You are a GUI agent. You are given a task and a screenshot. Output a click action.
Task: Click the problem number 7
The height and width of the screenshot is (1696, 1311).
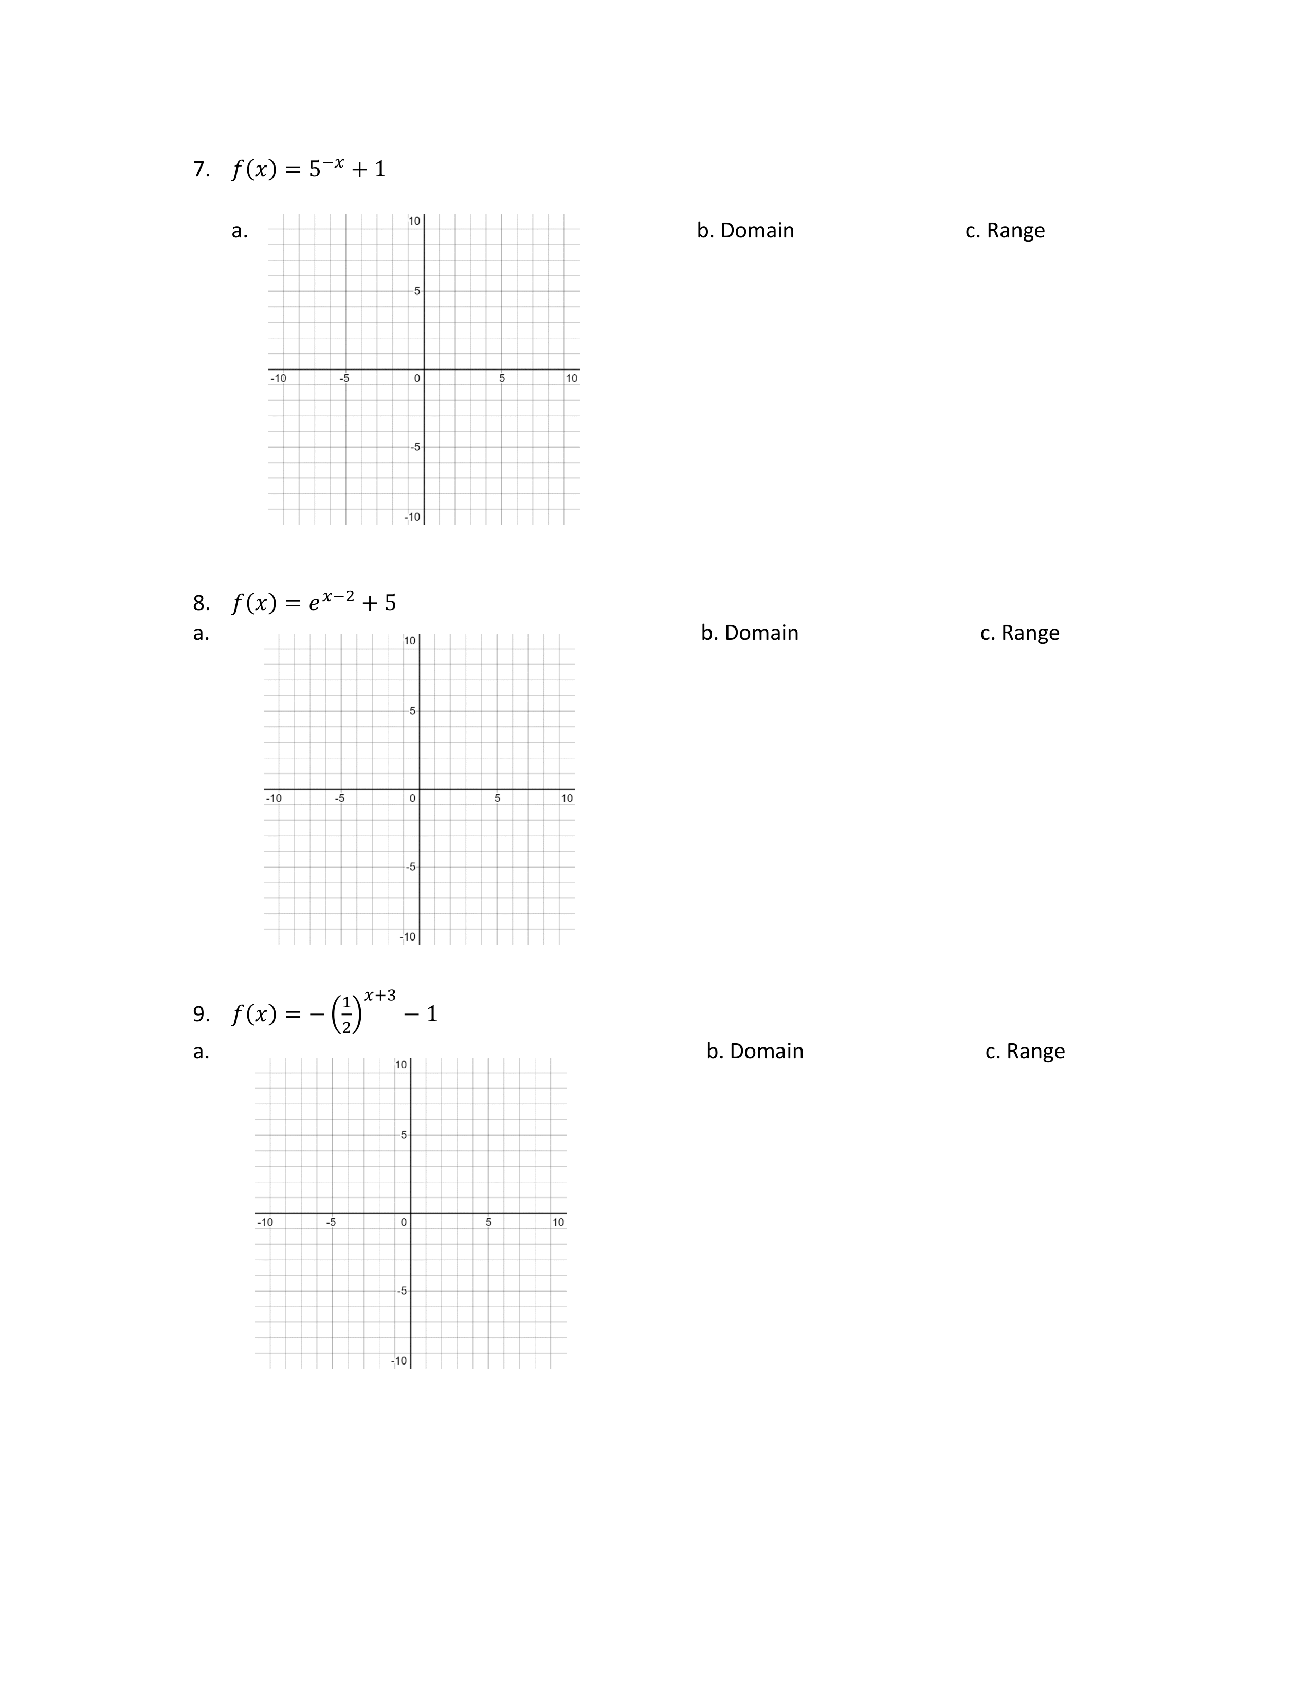pos(201,169)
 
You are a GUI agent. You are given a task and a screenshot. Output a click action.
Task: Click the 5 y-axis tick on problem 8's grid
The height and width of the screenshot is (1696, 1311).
pos(412,711)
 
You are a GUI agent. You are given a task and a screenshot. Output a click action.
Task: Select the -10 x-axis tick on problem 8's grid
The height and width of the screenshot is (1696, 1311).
pos(274,798)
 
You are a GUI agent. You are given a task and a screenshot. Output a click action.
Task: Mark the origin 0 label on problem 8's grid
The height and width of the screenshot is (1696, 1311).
pos(412,798)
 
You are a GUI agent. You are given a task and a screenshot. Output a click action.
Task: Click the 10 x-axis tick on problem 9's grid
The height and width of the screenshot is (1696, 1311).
pos(558,1222)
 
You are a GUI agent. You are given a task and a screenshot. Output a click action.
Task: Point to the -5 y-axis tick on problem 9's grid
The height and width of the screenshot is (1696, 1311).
pos(402,1291)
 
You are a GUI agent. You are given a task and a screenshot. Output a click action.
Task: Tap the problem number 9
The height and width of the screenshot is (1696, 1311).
pos(201,1013)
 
